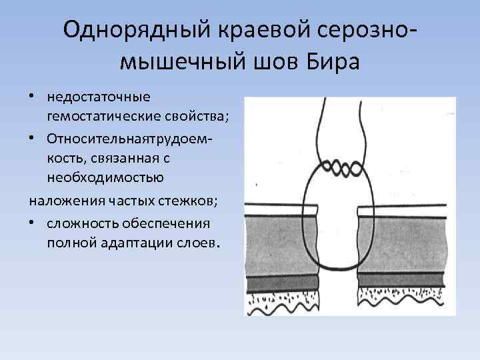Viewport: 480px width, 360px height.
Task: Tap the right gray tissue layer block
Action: click(403, 243)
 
